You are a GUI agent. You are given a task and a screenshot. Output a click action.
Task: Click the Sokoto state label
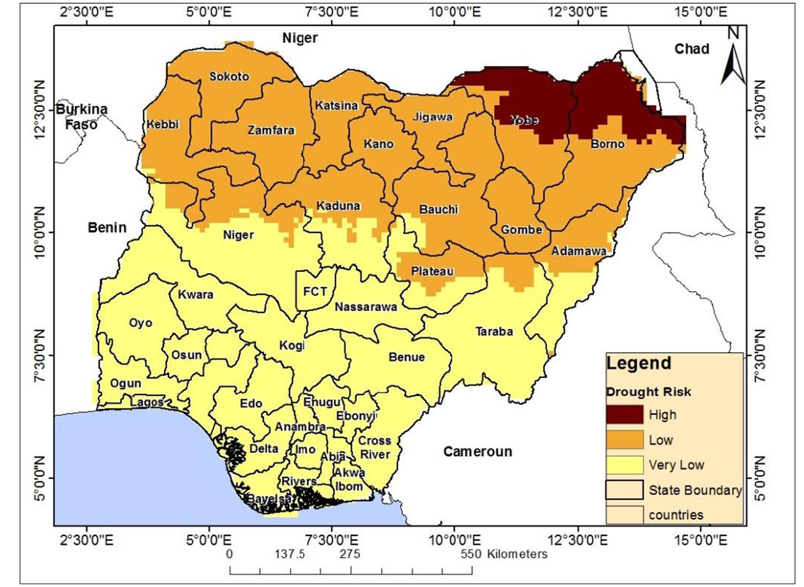229,77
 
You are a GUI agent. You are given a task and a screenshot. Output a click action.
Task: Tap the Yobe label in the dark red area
524,120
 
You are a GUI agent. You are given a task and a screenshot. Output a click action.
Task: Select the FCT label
314,292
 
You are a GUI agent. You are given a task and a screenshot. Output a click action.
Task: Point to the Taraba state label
494,332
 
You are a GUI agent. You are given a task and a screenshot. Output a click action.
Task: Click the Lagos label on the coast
147,402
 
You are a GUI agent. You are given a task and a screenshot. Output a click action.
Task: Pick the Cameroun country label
477,452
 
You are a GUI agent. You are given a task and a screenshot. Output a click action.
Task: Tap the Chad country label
691,49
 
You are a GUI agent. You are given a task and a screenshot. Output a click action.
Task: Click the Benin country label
107,228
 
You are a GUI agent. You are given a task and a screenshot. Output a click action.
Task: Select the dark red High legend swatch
624,415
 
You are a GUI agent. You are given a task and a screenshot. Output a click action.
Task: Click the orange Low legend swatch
624,440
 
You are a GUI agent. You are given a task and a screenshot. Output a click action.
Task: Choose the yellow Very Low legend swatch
624,465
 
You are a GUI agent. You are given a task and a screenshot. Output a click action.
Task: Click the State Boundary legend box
624,490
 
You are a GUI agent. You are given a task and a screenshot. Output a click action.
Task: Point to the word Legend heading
638,363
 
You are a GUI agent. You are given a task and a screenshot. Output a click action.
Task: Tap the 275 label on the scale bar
350,554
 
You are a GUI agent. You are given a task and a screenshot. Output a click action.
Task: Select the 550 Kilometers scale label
504,554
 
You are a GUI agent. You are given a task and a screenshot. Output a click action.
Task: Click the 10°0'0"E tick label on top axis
455,11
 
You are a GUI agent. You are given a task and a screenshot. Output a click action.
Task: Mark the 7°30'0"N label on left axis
40,355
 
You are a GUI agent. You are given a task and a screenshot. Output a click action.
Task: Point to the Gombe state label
521,230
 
